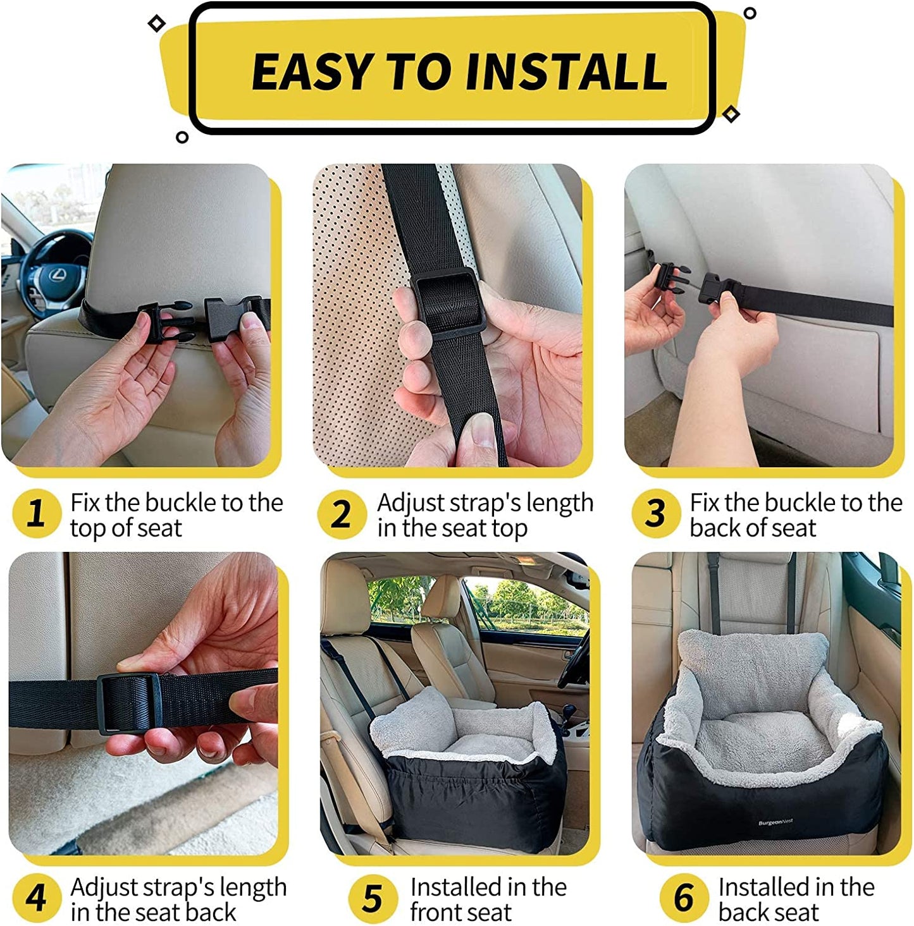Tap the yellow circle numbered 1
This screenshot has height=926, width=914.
37,513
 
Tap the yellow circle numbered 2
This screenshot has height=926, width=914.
342,514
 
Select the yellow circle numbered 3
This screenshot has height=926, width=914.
656,513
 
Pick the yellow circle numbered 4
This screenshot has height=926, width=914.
37,898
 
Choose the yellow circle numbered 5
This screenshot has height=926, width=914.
373,898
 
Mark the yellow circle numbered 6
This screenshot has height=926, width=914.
684,898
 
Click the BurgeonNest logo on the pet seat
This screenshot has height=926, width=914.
775,822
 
